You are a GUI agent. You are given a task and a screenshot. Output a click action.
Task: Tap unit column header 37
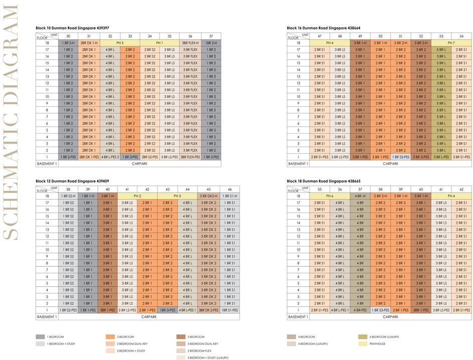(211, 36)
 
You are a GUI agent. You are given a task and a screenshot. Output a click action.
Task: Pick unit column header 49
(360, 36)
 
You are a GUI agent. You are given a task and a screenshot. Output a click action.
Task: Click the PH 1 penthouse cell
(160, 43)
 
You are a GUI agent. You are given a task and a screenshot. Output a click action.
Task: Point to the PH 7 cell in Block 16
(451, 43)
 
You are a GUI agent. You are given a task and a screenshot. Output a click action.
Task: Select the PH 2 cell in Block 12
(136, 196)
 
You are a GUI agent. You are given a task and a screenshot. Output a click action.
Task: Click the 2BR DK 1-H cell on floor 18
(89, 43)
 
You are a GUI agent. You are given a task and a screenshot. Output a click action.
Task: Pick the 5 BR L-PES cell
(441, 157)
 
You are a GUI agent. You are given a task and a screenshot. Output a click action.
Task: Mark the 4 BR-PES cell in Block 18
(360, 310)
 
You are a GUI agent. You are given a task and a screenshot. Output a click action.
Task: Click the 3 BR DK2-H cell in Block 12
(208, 196)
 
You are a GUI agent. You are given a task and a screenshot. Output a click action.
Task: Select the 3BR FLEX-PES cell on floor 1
(191, 157)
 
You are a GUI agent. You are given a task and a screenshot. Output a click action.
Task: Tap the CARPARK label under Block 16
(390, 164)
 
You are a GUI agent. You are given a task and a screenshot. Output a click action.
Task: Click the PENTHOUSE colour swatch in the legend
(361, 343)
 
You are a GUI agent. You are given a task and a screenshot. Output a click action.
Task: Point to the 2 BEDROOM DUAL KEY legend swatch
(111, 343)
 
